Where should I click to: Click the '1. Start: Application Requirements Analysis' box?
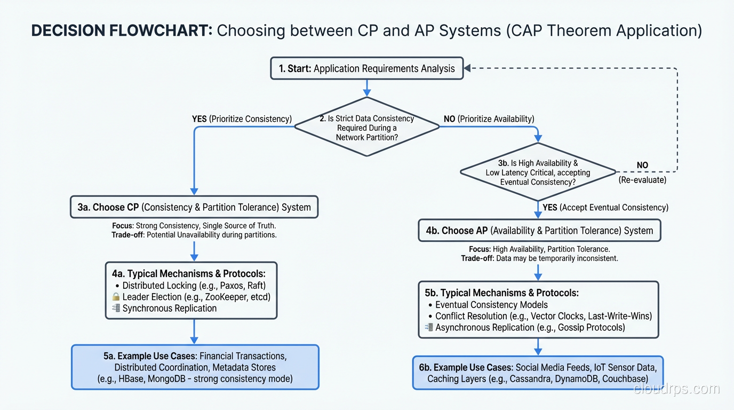click(366, 68)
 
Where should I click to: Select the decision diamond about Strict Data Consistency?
click(366, 127)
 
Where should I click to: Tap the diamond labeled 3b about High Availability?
click(538, 172)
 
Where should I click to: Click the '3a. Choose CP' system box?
click(194, 207)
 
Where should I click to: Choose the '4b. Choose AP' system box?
click(539, 231)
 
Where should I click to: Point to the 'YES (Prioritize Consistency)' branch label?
click(242, 119)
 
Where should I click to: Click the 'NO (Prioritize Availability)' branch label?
click(489, 119)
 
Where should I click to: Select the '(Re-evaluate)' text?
click(642, 180)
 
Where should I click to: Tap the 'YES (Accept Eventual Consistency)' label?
click(605, 207)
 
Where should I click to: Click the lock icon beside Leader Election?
click(116, 297)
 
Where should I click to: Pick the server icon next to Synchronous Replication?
click(116, 308)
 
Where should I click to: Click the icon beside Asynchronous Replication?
click(429, 327)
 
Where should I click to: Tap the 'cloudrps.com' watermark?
click(676, 389)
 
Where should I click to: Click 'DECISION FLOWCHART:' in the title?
click(122, 30)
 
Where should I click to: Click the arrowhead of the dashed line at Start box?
click(468, 68)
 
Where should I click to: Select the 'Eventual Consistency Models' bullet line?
click(491, 304)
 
